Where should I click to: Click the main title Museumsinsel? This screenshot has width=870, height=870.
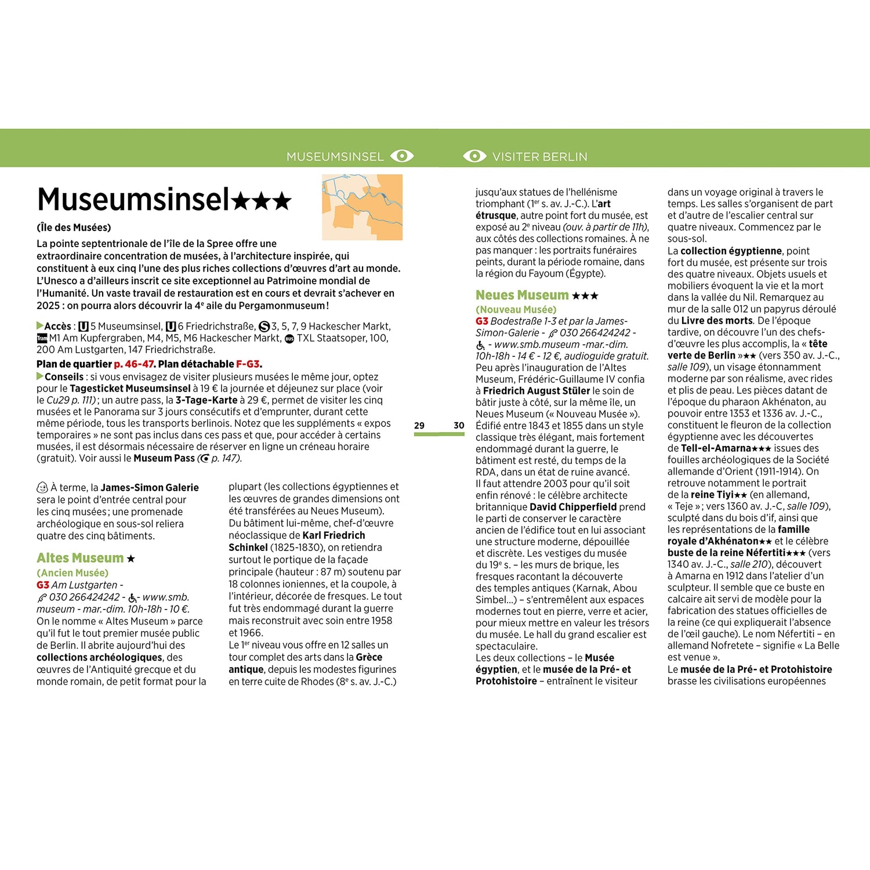point(133,200)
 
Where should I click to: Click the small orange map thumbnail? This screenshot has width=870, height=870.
point(362,207)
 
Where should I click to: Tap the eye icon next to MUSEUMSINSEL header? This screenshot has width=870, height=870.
point(402,156)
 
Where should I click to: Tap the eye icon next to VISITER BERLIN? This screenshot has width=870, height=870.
point(474,156)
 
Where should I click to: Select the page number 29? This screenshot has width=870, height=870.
point(419,426)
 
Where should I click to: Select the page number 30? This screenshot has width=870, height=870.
point(459,426)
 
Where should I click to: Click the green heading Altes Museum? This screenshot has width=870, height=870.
point(80,558)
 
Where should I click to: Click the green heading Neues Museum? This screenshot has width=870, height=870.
point(522,295)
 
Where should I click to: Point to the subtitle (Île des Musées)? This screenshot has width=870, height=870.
point(74,227)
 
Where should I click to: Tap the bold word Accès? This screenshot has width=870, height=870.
point(57,327)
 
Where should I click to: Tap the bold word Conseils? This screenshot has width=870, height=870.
point(64,377)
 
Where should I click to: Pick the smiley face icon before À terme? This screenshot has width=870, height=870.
point(42,488)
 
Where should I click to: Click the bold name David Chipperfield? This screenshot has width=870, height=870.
point(573,507)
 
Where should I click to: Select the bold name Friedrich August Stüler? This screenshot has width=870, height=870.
point(536,391)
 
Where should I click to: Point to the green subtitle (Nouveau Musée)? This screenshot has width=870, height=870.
point(516,310)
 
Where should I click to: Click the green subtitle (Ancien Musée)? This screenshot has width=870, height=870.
point(72,573)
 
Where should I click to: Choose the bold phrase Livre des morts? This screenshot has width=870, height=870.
point(717,321)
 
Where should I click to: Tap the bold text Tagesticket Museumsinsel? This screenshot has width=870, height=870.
point(130,389)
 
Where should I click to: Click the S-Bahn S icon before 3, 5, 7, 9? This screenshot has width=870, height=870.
point(264,327)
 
